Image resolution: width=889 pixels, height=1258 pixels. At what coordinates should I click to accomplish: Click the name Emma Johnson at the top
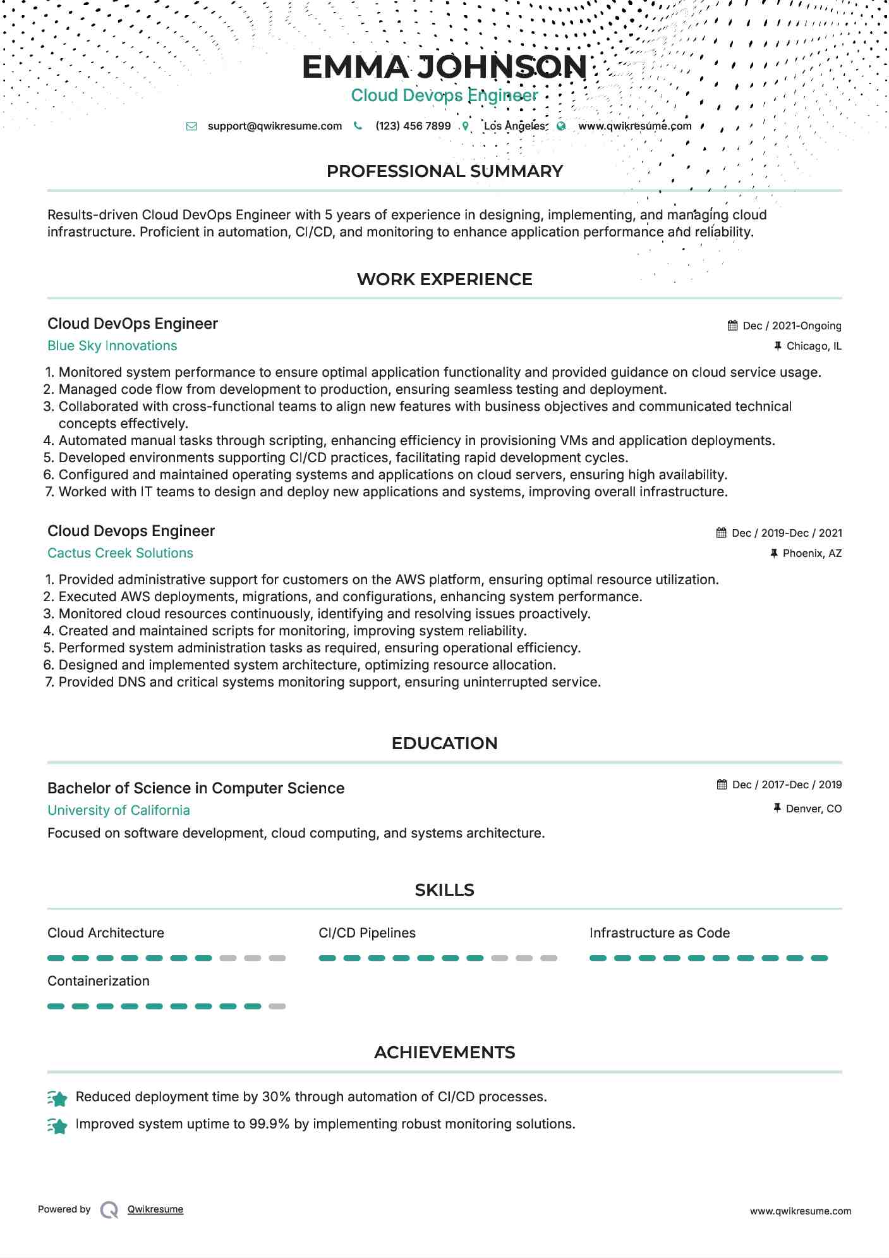click(444, 67)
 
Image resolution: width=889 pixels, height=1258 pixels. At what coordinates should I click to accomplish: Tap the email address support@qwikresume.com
click(274, 126)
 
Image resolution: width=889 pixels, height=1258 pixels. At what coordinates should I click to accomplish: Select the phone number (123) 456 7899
click(413, 126)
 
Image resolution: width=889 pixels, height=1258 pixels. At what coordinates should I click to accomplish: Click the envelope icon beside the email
click(191, 126)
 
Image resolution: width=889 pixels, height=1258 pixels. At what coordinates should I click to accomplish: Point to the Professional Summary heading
click(444, 171)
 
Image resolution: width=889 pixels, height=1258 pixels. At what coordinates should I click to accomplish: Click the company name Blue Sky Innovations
click(112, 346)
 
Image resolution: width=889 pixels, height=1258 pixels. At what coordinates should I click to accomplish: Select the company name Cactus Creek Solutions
click(120, 553)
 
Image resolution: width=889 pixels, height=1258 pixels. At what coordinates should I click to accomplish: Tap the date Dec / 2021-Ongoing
click(792, 326)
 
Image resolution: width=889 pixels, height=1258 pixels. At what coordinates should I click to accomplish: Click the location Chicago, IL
click(814, 346)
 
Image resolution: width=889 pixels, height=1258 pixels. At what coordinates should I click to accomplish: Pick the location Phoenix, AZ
click(812, 553)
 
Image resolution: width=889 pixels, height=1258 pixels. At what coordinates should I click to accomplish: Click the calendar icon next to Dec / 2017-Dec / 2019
click(722, 785)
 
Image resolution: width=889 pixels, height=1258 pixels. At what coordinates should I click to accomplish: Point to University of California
click(118, 810)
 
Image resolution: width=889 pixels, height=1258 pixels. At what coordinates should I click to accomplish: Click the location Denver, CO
click(813, 809)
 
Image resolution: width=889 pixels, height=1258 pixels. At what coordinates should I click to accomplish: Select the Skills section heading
click(444, 890)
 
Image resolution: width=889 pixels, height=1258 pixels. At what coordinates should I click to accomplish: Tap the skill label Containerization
click(99, 981)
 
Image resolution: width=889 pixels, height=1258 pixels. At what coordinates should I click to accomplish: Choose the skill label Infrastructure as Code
click(659, 933)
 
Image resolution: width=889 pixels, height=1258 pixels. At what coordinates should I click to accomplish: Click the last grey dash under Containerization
click(277, 1006)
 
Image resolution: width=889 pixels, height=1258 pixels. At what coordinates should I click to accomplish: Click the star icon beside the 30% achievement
click(57, 1099)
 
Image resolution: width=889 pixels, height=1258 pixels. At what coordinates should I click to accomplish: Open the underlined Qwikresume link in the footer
click(155, 1209)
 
